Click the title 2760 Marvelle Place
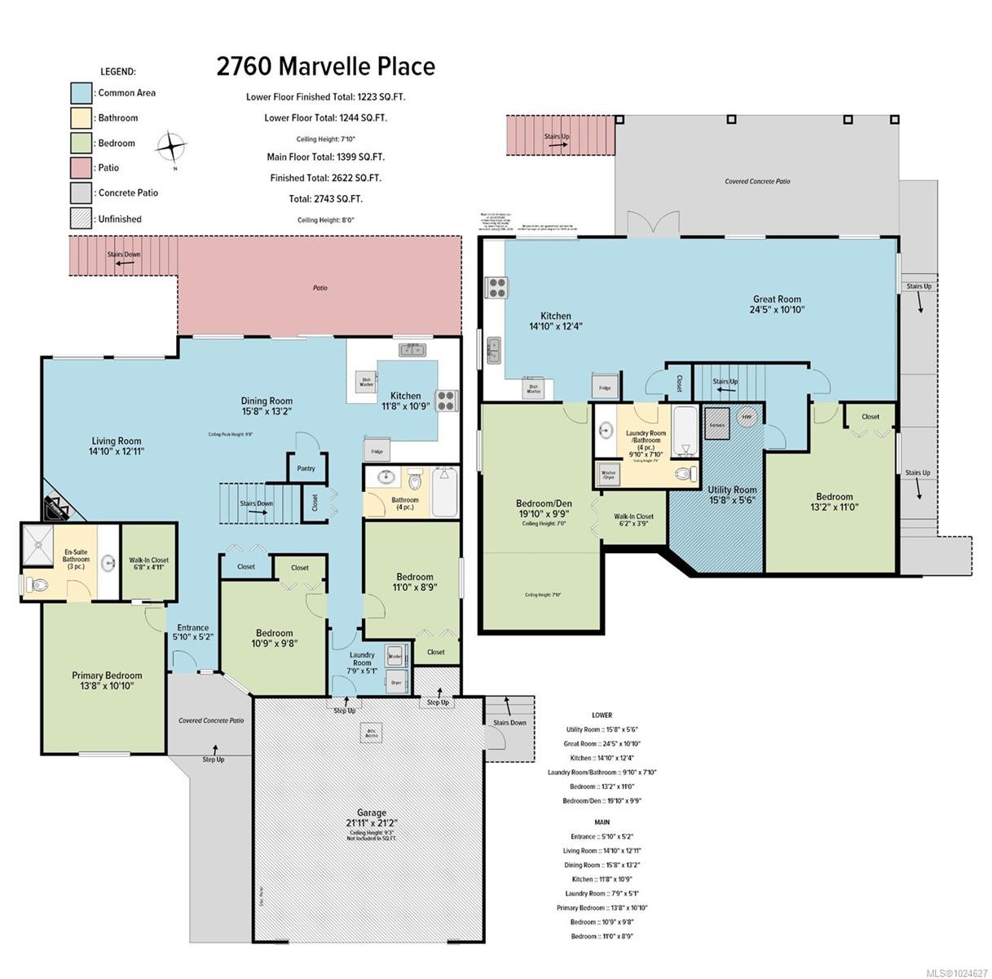point(325,66)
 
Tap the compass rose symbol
point(172,148)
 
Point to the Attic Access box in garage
point(372,733)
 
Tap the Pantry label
point(306,468)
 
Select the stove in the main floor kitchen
point(447,401)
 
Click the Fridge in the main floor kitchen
point(377,450)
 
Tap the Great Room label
point(776,304)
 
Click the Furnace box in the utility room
point(717,423)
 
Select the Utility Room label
point(732,495)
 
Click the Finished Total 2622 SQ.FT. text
point(325,178)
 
